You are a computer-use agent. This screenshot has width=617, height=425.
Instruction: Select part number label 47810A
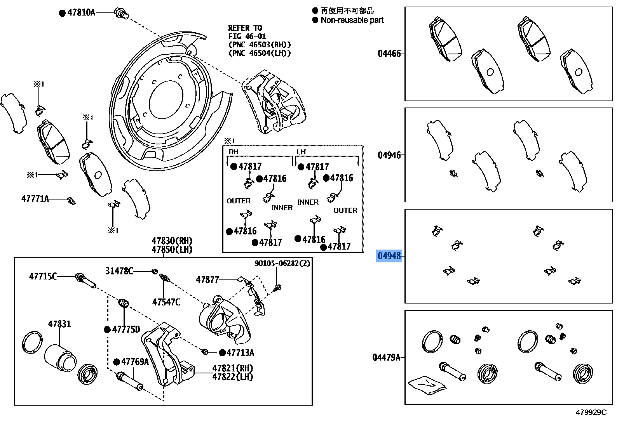81,12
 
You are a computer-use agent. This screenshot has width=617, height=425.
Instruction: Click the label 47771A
35,199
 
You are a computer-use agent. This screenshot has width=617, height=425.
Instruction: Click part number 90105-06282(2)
282,263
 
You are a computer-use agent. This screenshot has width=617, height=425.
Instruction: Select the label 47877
207,279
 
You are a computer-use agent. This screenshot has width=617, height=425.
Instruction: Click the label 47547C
166,302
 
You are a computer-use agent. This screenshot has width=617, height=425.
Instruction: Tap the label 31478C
119,271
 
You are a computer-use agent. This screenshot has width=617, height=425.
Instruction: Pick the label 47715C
43,276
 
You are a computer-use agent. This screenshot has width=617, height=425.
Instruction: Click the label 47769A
135,362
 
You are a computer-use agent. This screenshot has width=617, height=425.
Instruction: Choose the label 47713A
240,352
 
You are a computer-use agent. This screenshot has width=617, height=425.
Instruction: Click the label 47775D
126,330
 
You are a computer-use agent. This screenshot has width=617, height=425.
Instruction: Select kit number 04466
389,54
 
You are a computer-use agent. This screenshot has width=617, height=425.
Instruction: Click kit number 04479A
386,357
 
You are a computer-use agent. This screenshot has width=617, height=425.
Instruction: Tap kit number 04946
389,155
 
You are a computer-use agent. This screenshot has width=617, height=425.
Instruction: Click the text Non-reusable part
352,20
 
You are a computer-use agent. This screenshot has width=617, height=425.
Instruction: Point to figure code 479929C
591,412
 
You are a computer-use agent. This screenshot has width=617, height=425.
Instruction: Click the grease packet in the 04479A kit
427,385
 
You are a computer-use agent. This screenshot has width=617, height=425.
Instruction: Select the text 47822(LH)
232,376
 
